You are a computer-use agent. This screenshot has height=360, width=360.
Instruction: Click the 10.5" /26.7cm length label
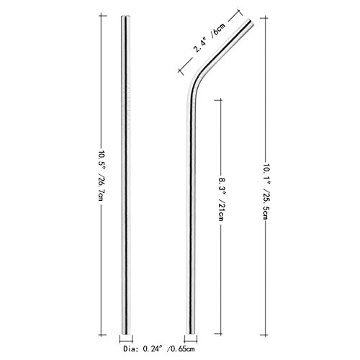[x=102, y=176]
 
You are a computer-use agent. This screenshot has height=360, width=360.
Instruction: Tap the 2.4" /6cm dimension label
[x=210, y=37]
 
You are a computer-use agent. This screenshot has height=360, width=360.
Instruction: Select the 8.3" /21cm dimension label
[x=220, y=199]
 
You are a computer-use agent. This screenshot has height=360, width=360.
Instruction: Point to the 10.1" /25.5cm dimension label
[x=266, y=192]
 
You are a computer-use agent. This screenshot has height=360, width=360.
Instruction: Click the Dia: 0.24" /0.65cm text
[x=159, y=348]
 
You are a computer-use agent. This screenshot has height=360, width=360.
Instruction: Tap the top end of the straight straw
[x=126, y=17]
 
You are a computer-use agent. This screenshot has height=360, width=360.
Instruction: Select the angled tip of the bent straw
[x=251, y=22]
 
